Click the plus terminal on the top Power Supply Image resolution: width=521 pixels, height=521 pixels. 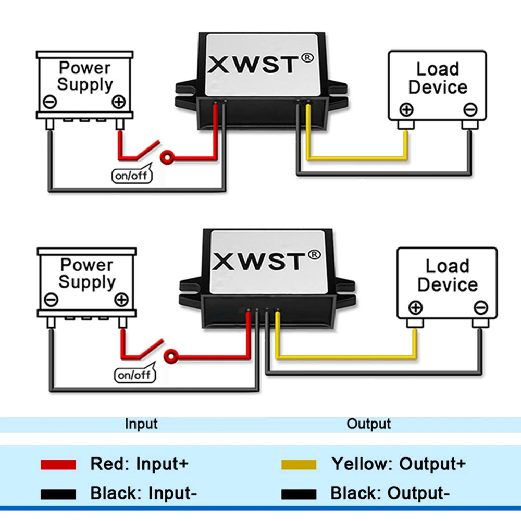119,102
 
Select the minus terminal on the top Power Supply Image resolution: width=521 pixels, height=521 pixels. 50,102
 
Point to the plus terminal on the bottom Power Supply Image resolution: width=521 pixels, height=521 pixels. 121,300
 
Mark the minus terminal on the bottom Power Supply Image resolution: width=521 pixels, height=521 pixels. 51,300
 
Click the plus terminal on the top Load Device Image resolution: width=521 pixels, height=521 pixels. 406,110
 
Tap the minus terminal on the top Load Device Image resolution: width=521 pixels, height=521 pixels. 470,110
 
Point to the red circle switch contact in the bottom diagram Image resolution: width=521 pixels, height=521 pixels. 170,356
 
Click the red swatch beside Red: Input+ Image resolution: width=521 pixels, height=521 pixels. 58,464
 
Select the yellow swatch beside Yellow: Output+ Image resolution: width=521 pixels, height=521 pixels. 299,464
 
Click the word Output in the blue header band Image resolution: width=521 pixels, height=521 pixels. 368,424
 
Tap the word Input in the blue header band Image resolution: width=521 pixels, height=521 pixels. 141,424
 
